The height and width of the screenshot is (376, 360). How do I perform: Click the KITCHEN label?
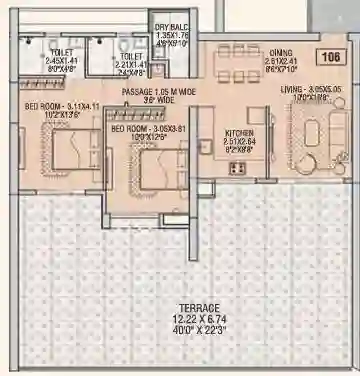[237, 132]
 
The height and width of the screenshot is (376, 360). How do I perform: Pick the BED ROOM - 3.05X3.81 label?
[145, 130]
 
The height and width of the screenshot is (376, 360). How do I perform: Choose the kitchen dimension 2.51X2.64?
[237, 141]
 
